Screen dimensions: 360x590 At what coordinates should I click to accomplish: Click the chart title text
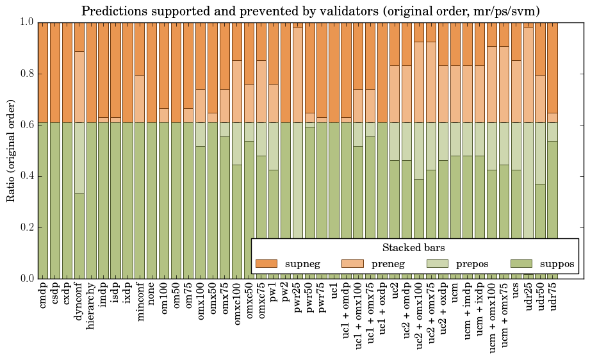pos(311,11)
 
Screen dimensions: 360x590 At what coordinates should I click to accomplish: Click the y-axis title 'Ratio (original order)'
pos(11,151)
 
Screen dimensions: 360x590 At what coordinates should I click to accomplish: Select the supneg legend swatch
pos(266,264)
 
